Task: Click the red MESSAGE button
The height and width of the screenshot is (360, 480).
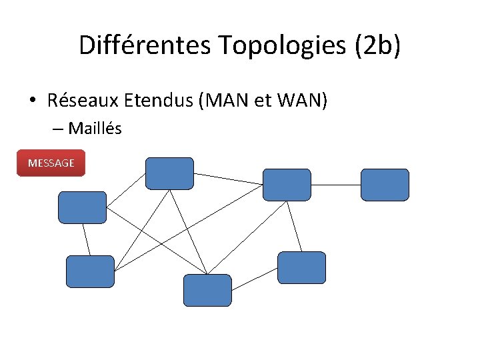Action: [51, 163]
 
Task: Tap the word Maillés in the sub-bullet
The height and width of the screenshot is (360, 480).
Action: [95, 129]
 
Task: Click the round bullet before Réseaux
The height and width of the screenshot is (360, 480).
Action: [32, 101]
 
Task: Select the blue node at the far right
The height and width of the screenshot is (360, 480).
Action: [385, 185]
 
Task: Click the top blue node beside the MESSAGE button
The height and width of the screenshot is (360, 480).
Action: [169, 173]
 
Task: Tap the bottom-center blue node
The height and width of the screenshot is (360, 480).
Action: [207, 290]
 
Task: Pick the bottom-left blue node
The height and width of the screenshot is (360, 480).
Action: [90, 271]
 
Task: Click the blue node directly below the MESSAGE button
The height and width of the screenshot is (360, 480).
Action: [82, 207]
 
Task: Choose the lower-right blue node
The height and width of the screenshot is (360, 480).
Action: [301, 267]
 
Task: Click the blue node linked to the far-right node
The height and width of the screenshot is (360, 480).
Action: [287, 185]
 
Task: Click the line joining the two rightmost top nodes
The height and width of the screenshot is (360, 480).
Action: [336, 184]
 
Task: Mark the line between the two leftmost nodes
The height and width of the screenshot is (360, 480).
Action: [86, 239]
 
